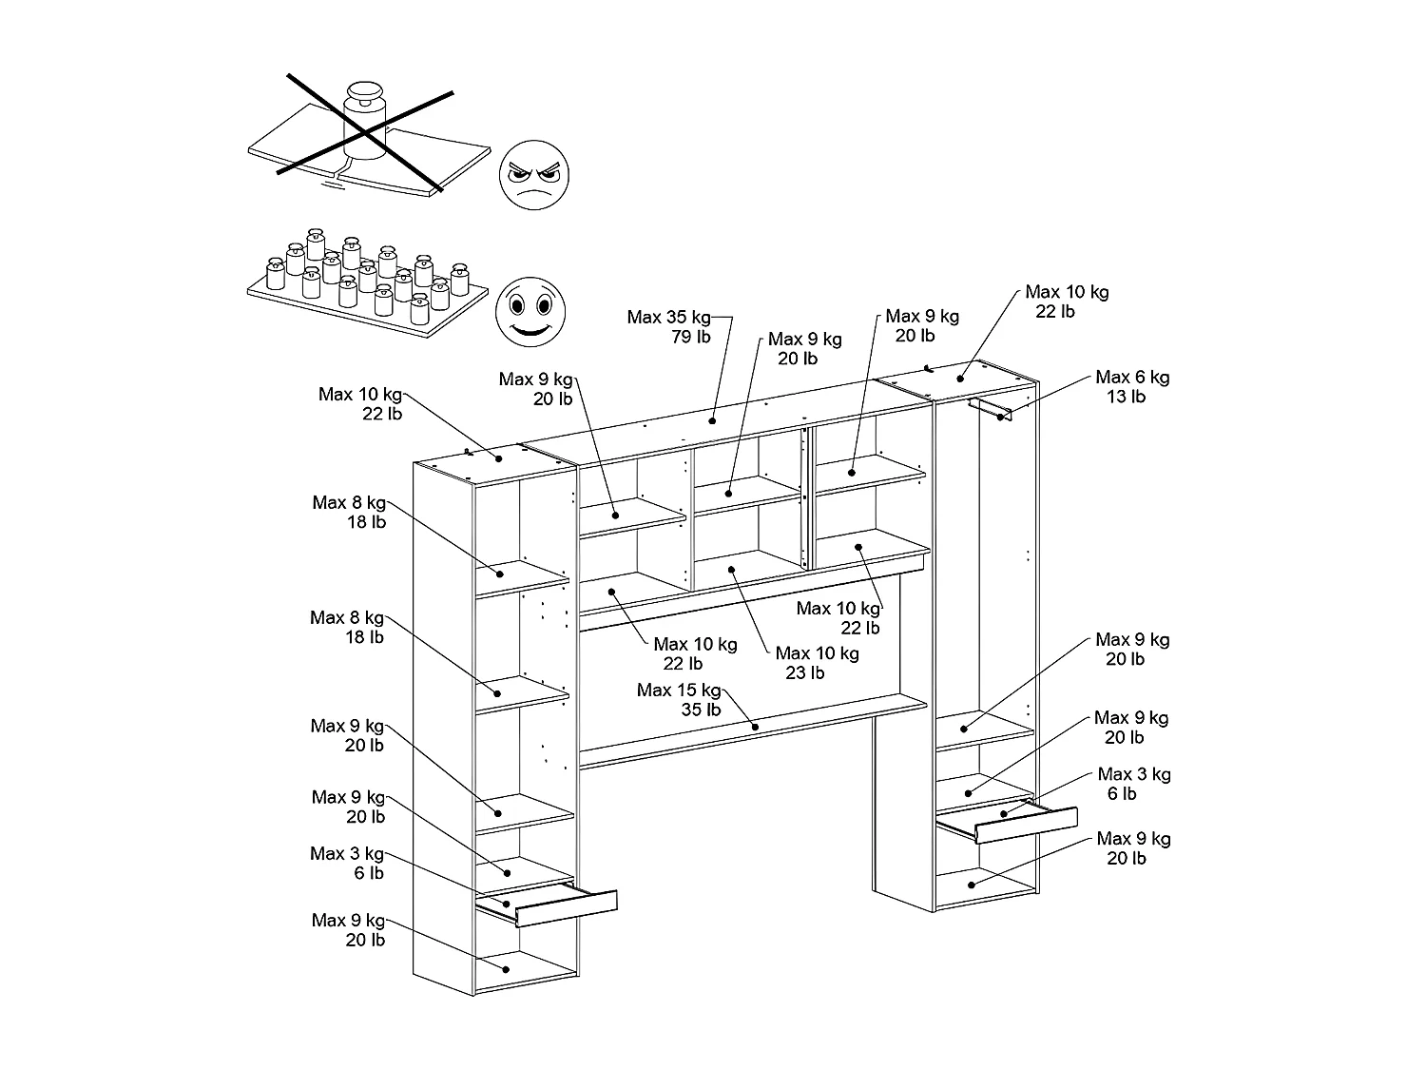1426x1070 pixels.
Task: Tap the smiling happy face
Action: click(x=527, y=310)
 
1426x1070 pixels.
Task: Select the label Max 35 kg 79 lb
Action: click(x=669, y=326)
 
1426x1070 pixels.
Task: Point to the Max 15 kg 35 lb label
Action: click(x=679, y=699)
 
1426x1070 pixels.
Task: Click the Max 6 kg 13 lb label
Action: click(x=1132, y=386)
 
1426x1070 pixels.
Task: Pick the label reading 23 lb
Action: click(x=804, y=673)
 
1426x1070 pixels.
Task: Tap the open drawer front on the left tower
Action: click(x=567, y=907)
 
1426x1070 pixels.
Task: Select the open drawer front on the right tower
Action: click(x=1027, y=824)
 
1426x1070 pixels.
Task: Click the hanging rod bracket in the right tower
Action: click(x=991, y=409)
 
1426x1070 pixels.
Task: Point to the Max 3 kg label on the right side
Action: click(x=1133, y=784)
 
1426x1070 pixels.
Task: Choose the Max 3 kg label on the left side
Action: click(x=347, y=863)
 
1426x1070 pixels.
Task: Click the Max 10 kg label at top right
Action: click(x=1067, y=302)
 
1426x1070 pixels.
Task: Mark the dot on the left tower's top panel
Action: click(x=499, y=458)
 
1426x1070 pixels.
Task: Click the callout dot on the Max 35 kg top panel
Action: click(x=713, y=418)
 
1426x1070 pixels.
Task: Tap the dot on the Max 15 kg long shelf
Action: click(x=755, y=728)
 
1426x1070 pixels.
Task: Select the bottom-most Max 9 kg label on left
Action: click(x=348, y=929)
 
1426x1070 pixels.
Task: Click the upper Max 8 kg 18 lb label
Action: click(x=349, y=512)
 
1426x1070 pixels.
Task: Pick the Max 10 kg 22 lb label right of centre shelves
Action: click(x=838, y=617)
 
